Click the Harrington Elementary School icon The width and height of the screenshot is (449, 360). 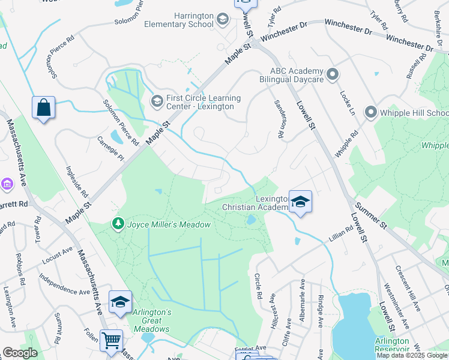coord(223,20)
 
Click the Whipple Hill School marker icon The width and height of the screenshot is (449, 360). coord(370,112)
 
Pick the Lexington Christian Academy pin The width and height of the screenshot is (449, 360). coord(300,202)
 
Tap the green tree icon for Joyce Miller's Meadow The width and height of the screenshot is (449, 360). coord(118,224)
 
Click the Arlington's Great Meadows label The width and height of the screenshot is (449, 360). coord(152,320)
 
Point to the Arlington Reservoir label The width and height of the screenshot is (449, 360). coord(392,345)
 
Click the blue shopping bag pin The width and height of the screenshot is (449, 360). coord(44,108)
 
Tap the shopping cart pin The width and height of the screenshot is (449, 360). coord(111,340)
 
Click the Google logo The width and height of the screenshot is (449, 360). coord(19,353)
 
